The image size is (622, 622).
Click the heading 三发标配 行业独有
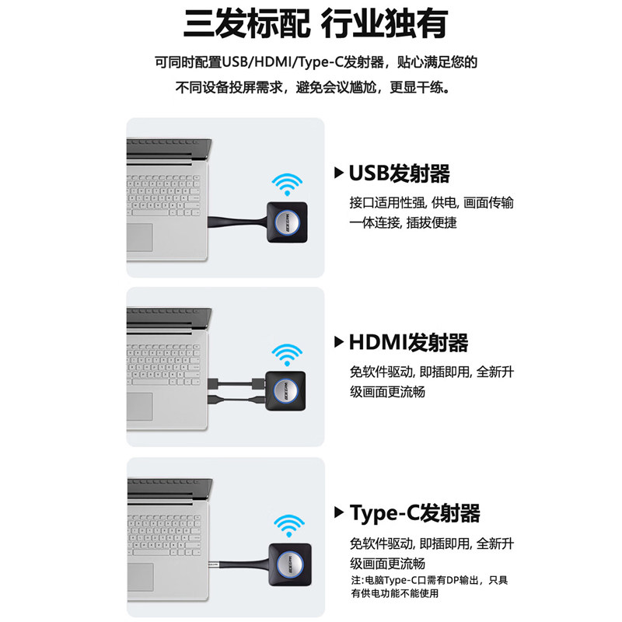click(x=316, y=24)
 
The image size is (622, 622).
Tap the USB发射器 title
click(x=400, y=173)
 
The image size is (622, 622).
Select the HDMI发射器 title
click(x=409, y=342)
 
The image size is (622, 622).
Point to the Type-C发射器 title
click(x=415, y=512)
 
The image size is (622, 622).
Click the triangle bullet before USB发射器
click(x=339, y=173)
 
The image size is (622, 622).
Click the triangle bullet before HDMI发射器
click(x=339, y=342)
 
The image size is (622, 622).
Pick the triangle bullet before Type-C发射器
click(x=339, y=512)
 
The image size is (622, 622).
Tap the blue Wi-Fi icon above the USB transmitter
click(x=287, y=183)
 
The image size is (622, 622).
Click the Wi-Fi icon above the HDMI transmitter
click(x=287, y=355)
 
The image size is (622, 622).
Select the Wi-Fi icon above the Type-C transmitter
click(x=289, y=526)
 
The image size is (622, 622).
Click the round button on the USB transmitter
click(x=287, y=222)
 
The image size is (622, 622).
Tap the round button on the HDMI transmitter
click(x=285, y=391)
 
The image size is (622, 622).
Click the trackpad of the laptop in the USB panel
click(x=140, y=237)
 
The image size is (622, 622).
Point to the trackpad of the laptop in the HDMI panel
click(x=140, y=407)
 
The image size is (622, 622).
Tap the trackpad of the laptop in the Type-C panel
click(x=141, y=577)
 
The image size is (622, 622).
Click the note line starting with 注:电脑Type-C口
click(x=429, y=580)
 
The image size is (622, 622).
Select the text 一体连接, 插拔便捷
click(x=403, y=223)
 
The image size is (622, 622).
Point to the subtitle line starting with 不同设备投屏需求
click(x=313, y=87)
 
